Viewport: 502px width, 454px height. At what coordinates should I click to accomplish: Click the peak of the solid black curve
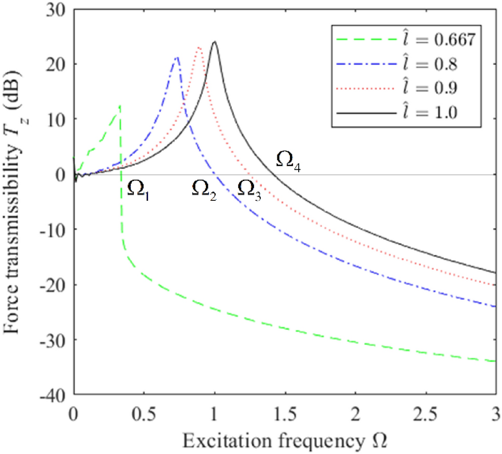click(x=214, y=42)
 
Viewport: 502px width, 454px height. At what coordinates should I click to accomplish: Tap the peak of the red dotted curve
click(x=199, y=48)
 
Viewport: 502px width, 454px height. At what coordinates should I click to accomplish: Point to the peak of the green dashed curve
click(x=120, y=106)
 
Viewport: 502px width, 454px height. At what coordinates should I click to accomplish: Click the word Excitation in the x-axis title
click(x=217, y=439)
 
